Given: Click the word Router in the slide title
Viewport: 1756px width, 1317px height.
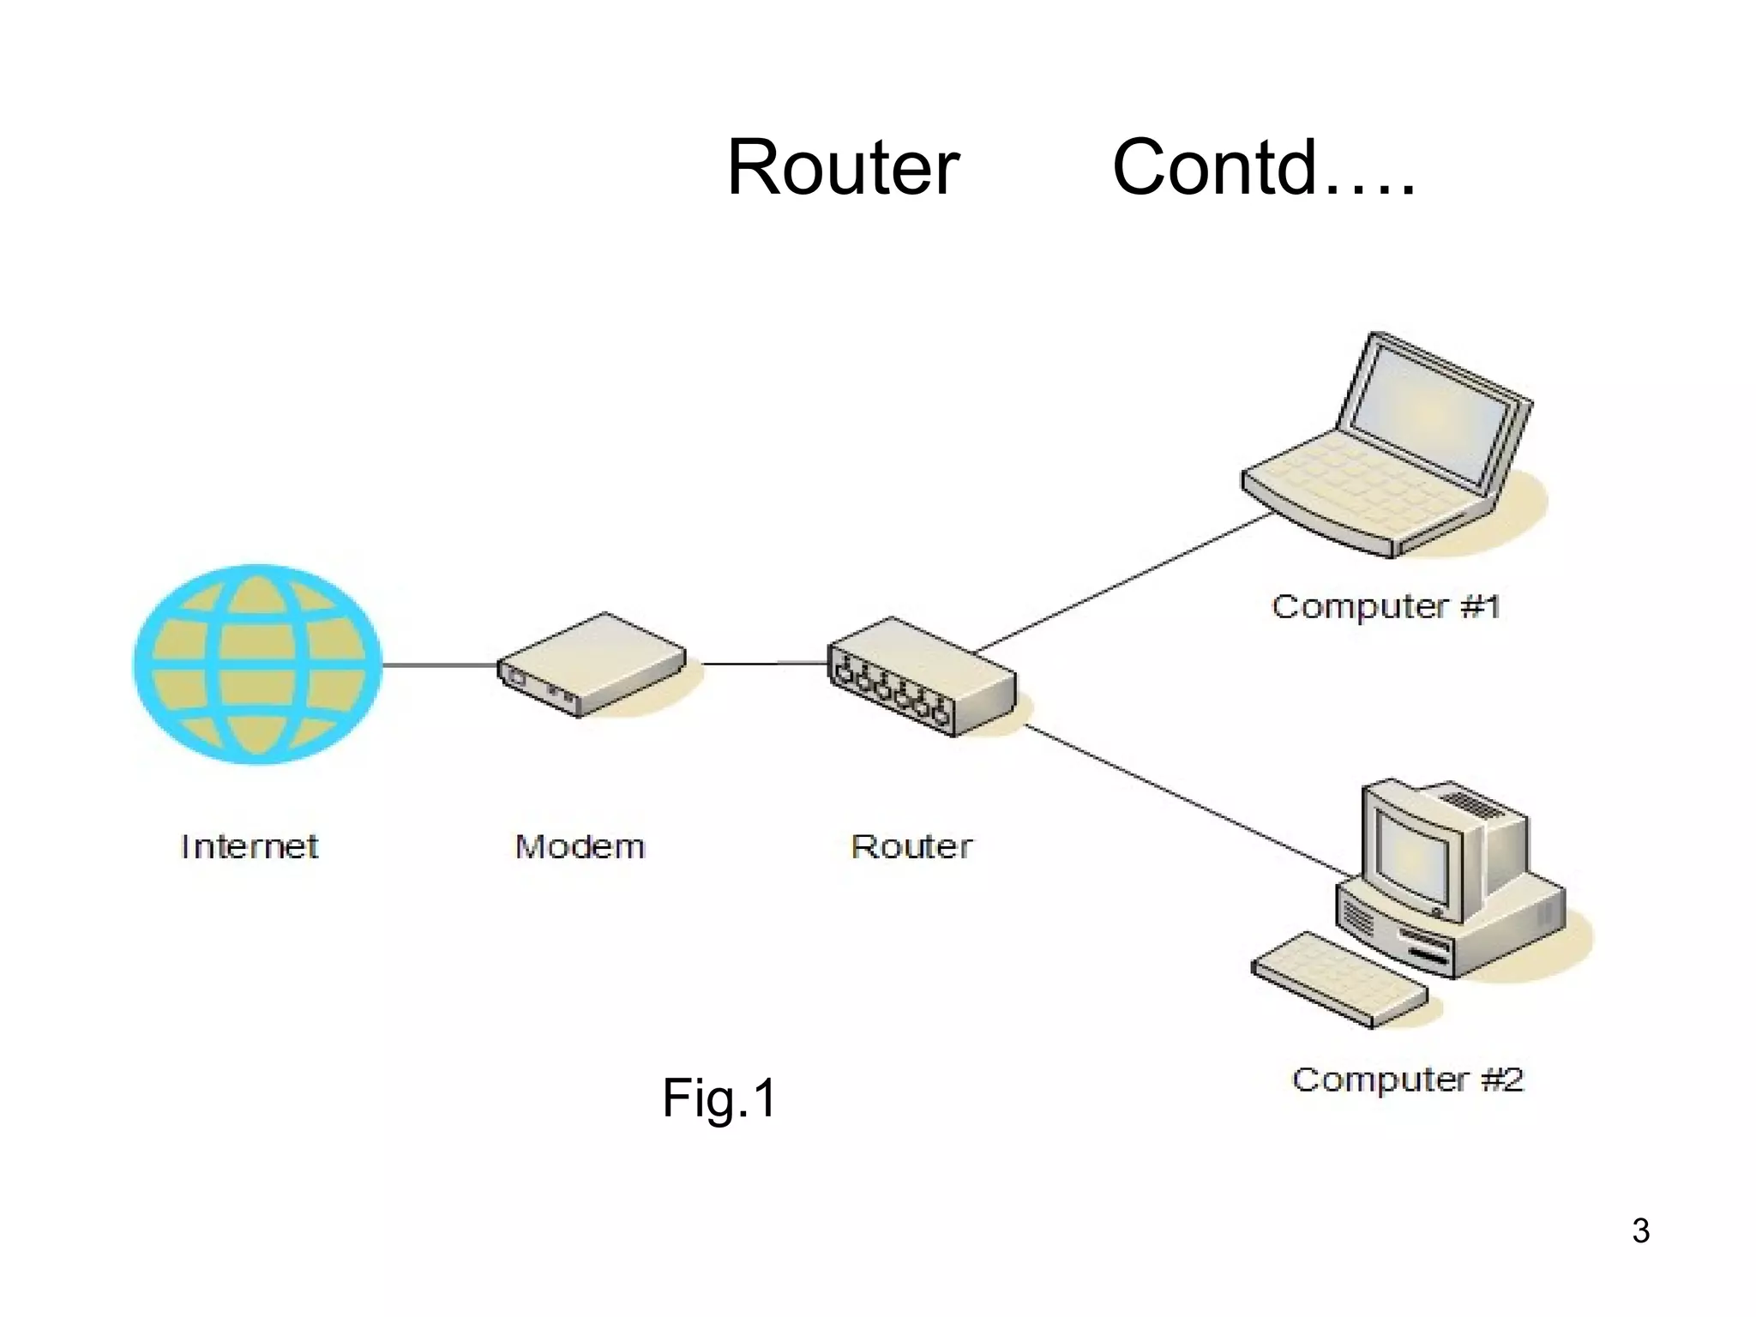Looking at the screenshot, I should (843, 168).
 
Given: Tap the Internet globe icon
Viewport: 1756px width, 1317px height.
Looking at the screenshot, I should (257, 665).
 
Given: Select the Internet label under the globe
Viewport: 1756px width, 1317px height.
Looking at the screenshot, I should (250, 847).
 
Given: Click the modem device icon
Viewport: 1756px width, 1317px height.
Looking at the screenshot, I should (592, 665).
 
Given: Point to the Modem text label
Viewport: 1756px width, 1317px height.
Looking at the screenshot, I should (580, 847).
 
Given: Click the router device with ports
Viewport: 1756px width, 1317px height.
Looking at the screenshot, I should (922, 677).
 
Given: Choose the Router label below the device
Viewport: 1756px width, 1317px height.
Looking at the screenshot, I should (911, 847).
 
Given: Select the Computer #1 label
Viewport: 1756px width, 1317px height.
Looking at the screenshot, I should (1386, 607).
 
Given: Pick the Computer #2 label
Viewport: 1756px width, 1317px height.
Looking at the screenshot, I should (1407, 1079).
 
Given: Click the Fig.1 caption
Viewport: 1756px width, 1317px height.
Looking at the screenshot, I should (719, 1098).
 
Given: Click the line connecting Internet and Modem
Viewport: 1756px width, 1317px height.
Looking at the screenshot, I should (439, 665).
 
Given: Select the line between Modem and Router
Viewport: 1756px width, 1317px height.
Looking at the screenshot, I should (763, 663).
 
